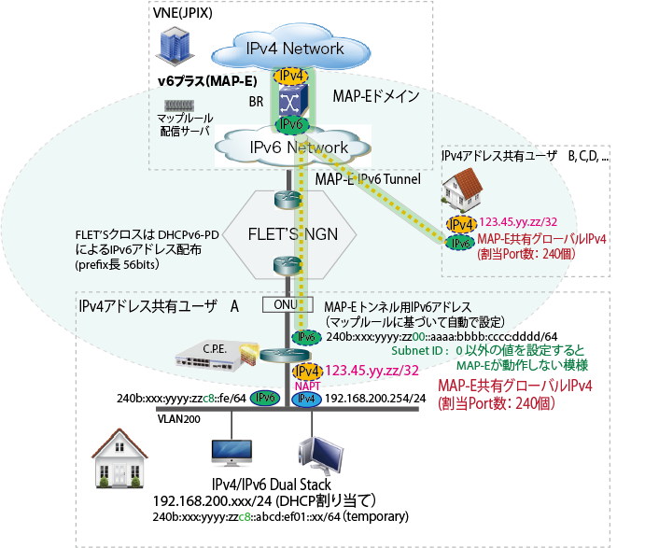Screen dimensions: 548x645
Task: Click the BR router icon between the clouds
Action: coord(291,99)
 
